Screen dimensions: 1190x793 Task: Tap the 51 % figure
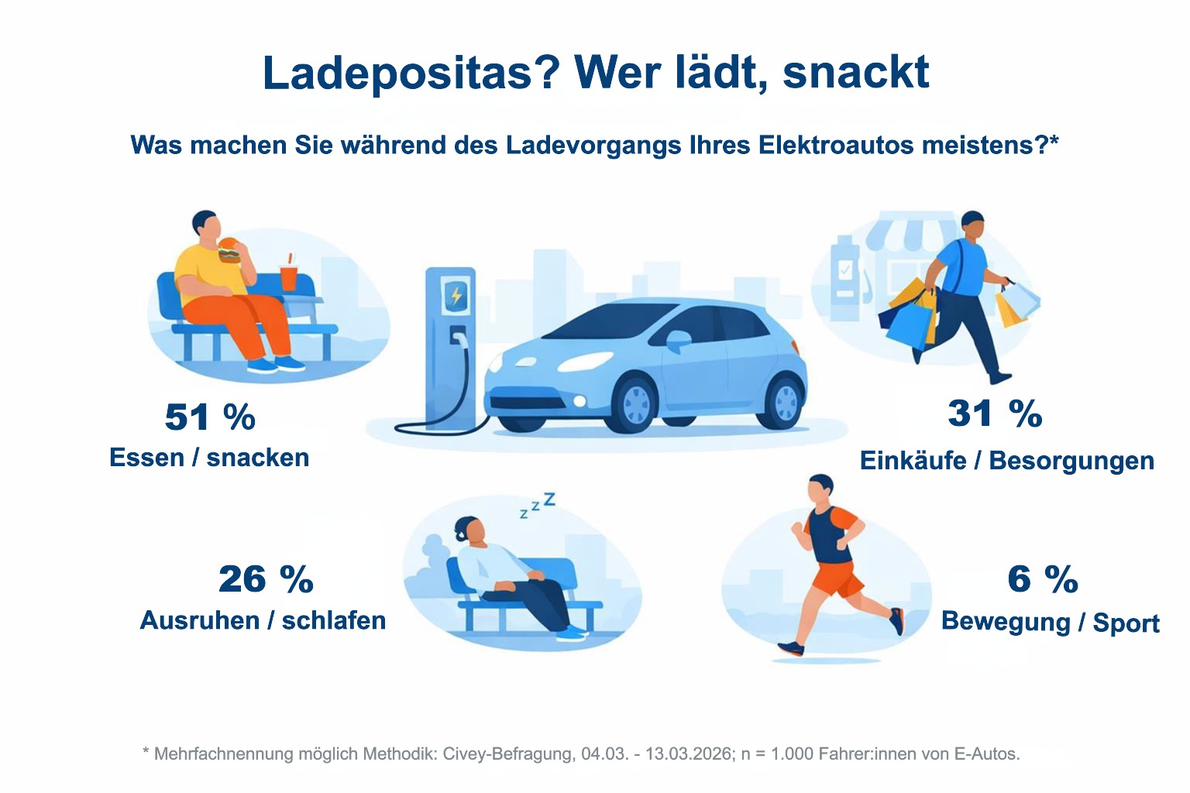point(211,417)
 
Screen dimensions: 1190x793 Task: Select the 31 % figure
point(995,414)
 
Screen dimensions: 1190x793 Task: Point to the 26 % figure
point(267,578)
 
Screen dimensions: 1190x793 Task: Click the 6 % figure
point(1043,578)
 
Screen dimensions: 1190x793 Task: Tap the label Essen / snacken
point(209,458)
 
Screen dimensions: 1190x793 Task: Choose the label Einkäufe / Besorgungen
point(1007,461)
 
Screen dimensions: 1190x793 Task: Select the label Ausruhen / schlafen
point(263,620)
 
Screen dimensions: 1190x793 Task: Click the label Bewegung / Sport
point(1051,623)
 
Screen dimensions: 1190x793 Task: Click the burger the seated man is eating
point(230,251)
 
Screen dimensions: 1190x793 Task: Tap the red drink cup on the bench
point(288,276)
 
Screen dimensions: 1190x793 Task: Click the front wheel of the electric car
point(636,403)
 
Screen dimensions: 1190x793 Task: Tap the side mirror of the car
point(678,340)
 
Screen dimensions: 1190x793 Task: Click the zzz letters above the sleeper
point(538,505)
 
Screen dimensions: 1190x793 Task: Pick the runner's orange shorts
point(836,579)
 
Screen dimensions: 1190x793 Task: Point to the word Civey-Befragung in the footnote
point(509,754)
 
